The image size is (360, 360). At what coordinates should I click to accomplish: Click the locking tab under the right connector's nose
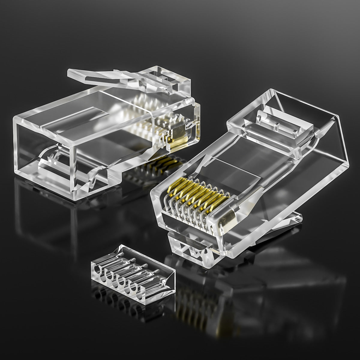point(192,246)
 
